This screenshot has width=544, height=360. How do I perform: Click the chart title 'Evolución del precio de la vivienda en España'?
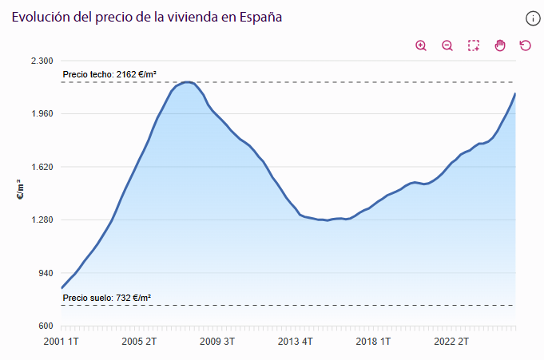(146, 17)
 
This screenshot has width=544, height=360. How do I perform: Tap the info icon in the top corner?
(533, 18)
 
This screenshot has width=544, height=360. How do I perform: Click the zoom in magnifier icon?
(421, 45)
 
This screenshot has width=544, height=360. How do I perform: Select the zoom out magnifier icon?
(447, 45)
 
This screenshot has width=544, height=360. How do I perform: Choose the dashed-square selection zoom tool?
(474, 45)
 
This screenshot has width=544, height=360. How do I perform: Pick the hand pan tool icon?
(500, 45)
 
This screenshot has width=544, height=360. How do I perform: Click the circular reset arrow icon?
(526, 45)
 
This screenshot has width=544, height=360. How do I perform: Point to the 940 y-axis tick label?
(43, 273)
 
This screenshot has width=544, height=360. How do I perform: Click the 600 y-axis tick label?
(43, 326)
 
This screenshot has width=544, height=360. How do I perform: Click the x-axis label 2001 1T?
(62, 342)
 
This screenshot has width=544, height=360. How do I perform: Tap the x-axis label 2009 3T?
(216, 342)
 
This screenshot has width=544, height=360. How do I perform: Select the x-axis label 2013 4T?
(294, 342)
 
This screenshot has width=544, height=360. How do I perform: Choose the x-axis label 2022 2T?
(450, 342)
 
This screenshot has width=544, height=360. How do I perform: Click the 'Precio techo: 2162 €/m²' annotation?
(109, 74)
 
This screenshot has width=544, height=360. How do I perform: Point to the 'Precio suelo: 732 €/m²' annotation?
(106, 298)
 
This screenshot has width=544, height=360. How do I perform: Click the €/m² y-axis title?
(20, 193)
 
